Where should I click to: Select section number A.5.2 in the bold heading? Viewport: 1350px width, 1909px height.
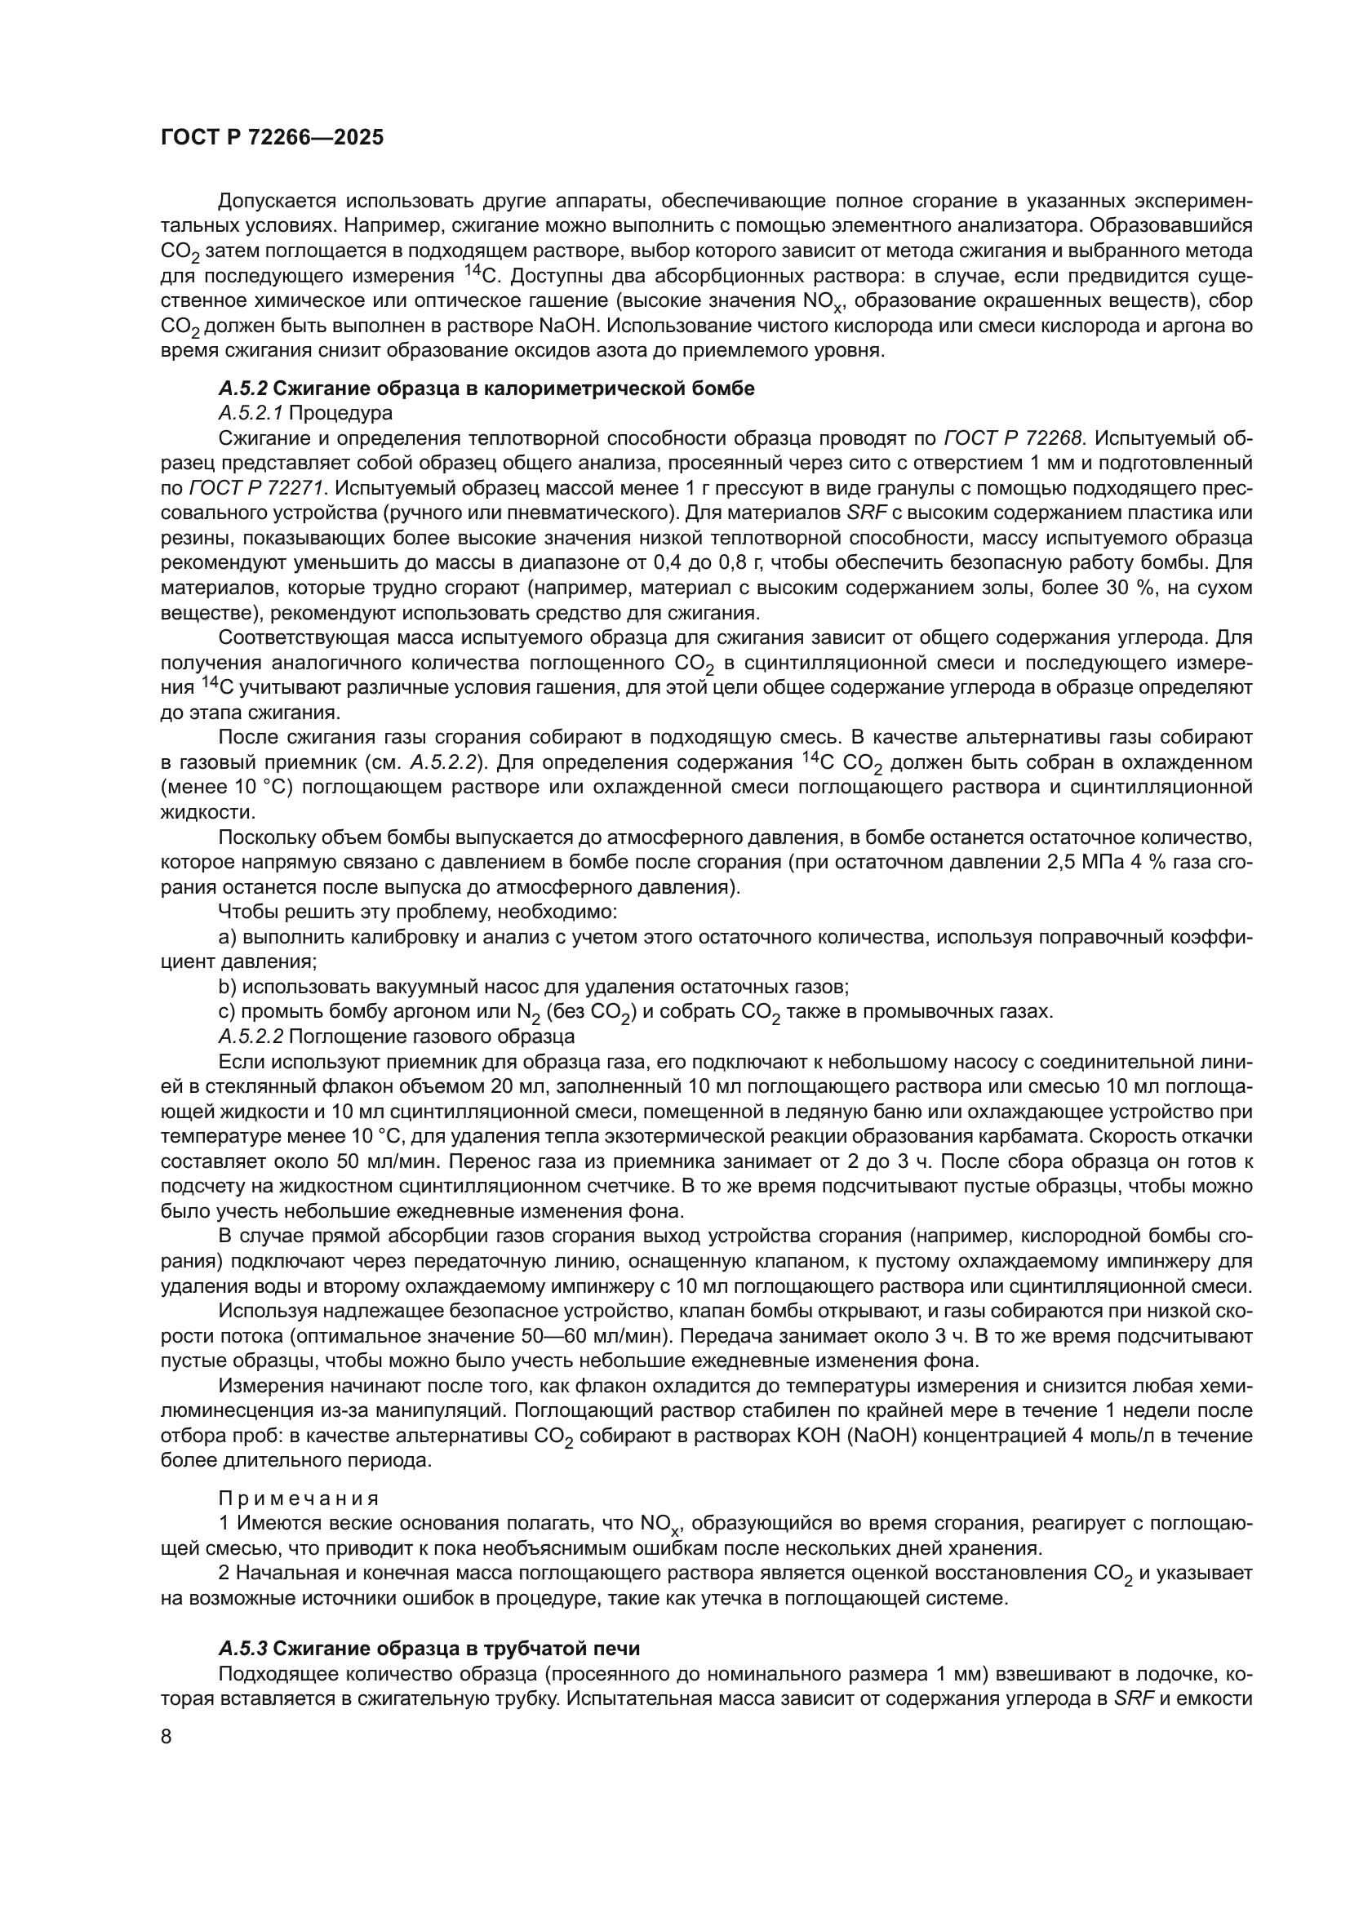click(242, 388)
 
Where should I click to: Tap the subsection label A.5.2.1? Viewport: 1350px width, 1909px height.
click(251, 412)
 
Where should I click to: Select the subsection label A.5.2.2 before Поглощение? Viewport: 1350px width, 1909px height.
click(251, 1036)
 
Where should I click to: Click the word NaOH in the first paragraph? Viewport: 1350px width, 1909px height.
click(568, 326)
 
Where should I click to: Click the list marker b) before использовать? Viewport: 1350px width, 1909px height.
click(227, 987)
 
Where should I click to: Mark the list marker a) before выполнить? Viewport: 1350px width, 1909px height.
click(227, 937)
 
